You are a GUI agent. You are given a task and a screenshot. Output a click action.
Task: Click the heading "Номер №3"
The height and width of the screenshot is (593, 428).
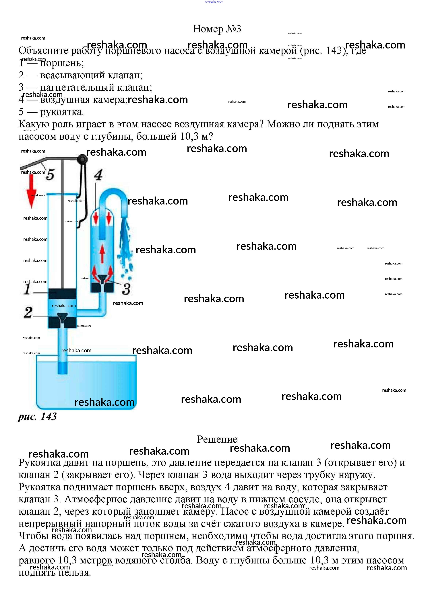tap(217, 29)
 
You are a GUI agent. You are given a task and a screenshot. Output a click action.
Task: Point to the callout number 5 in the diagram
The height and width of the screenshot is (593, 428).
tap(50, 174)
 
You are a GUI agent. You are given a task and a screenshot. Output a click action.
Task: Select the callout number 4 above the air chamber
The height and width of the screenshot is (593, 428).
tap(98, 175)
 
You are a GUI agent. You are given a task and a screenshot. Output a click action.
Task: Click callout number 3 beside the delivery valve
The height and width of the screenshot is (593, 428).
tap(126, 289)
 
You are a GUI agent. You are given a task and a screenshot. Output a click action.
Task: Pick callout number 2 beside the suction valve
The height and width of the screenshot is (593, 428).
tap(28, 312)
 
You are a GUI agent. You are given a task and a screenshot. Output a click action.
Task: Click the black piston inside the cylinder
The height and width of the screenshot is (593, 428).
tap(62, 293)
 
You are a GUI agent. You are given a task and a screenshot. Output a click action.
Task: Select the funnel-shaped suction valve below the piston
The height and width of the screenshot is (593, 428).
tap(62, 317)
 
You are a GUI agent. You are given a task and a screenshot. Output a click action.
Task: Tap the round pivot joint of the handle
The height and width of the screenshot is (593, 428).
tap(82, 159)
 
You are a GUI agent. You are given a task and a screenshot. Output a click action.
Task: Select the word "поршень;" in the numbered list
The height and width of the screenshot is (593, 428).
tap(62, 63)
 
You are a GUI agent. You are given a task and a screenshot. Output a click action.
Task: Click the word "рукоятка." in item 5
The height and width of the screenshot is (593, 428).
tap(62, 112)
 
